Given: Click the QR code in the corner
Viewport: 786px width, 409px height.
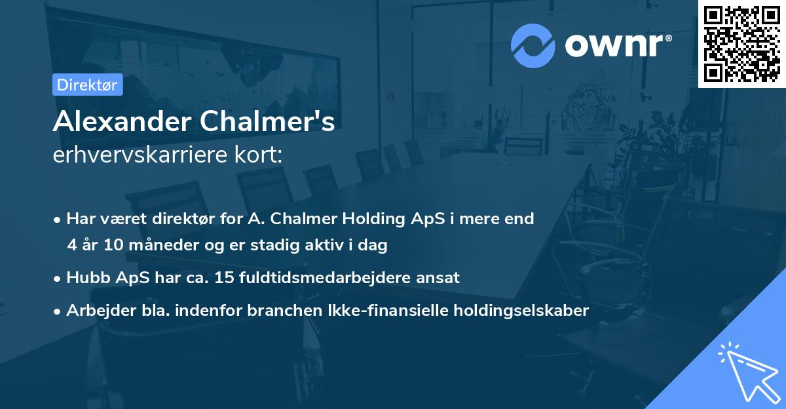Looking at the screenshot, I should click(x=742, y=43).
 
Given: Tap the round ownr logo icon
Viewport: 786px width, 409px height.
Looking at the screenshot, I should click(x=533, y=45).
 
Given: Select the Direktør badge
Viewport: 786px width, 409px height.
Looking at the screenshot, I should click(x=87, y=85).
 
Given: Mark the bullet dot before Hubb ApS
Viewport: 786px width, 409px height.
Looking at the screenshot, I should click(x=58, y=278).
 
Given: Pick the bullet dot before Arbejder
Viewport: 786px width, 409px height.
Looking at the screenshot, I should click(x=58, y=311).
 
